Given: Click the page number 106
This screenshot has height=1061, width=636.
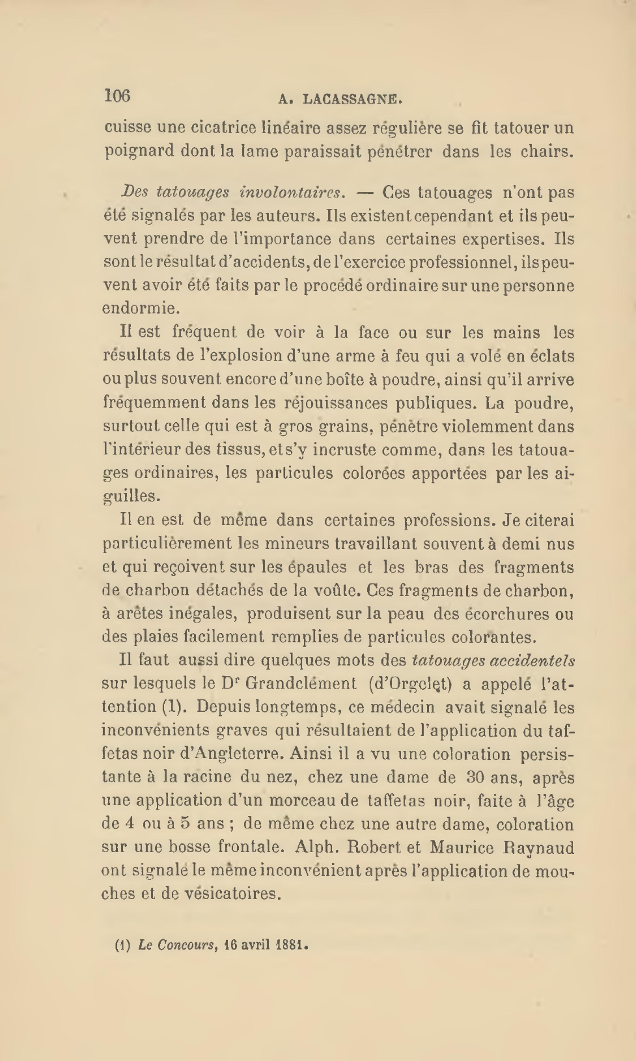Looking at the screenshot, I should pos(117,96).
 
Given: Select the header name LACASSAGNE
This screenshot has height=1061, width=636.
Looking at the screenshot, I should pos(352,100).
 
